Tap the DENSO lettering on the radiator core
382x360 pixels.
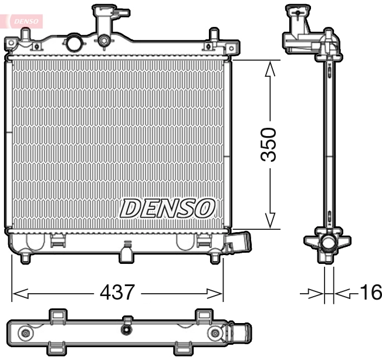coord(168,208)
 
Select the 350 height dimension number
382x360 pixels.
coord(269,144)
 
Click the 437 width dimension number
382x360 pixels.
coord(117,291)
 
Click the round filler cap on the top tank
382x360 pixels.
coord(74,42)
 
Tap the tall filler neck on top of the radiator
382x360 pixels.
coord(106,23)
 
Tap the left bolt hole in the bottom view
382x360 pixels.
coord(25,334)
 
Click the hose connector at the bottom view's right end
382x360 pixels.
coord(240,334)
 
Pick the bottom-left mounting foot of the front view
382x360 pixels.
coord(25,256)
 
